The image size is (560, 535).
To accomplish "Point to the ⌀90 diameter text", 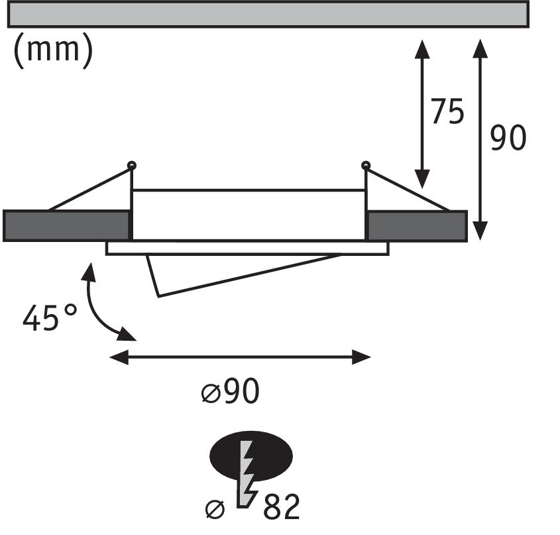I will [230, 393].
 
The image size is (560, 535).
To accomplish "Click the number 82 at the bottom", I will [282, 508].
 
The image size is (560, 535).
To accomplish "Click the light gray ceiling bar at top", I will [268, 13].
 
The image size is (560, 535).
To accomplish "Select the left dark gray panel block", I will [66, 225].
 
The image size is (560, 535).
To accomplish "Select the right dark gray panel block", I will [417, 225].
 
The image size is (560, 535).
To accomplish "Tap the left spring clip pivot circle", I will [132, 164].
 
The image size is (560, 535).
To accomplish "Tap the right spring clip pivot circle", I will [365, 164].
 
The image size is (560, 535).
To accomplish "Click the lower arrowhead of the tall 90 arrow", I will [481, 230].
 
